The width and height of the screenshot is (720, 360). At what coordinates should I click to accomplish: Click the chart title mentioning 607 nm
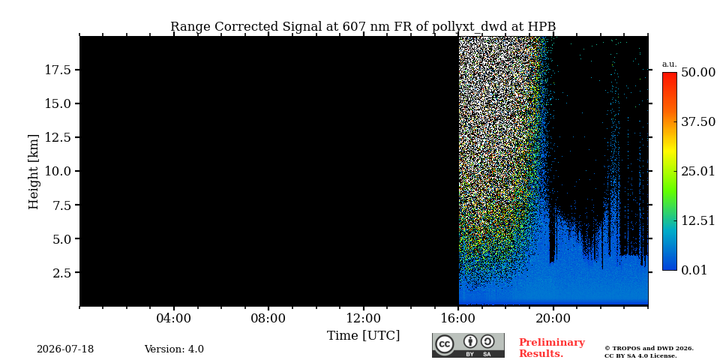pos(363,27)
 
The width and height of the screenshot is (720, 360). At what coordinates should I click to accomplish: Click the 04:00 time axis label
pos(174,318)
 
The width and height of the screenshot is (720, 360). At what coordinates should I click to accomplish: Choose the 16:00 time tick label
pos(458,318)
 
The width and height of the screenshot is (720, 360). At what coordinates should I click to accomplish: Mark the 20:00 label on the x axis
pos(553,318)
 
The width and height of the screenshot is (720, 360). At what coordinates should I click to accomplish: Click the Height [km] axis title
pos(34,171)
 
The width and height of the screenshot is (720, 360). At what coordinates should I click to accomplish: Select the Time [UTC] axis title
pos(363,336)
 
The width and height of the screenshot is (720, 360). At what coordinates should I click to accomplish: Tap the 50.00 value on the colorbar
pos(698,73)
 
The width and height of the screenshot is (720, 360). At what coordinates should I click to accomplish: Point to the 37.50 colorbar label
pos(698,121)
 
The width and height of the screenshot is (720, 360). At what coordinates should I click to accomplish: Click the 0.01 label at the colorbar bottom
pos(694,270)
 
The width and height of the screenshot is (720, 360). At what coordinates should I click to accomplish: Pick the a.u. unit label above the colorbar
pos(670,64)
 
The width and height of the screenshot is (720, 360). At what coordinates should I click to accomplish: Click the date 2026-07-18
pos(65,349)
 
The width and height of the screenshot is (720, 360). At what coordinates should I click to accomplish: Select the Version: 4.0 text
pos(174,349)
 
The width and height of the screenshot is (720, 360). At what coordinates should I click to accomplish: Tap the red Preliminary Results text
pos(552,348)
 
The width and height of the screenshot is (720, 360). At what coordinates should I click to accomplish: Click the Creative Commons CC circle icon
pos(445,344)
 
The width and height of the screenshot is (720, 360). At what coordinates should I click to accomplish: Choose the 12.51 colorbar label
pos(698,220)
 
